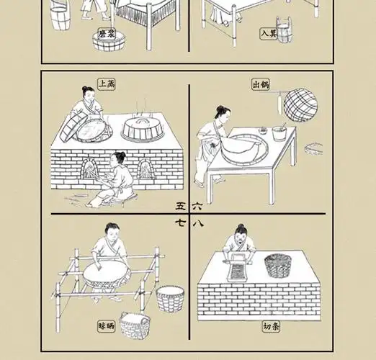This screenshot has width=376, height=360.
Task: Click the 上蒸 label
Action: [107, 84]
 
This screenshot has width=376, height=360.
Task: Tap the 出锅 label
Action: [261, 84]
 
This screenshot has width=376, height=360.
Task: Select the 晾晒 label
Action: [106, 327]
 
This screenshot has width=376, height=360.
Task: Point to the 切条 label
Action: [272, 327]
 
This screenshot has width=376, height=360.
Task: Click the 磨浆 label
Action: [107, 33]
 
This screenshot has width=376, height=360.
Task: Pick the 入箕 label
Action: [270, 33]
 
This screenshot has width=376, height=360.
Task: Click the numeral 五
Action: [180, 205]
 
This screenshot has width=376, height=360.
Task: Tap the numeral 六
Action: [198, 205]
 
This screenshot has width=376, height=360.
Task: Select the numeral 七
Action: [180, 223]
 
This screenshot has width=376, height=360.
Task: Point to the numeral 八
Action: [198, 223]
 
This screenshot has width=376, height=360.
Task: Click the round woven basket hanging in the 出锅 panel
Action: [300, 105]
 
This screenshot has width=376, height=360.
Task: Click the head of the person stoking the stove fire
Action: [119, 157]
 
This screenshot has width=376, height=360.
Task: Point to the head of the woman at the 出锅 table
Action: [223, 113]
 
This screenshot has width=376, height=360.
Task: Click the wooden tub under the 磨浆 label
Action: [108, 44]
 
